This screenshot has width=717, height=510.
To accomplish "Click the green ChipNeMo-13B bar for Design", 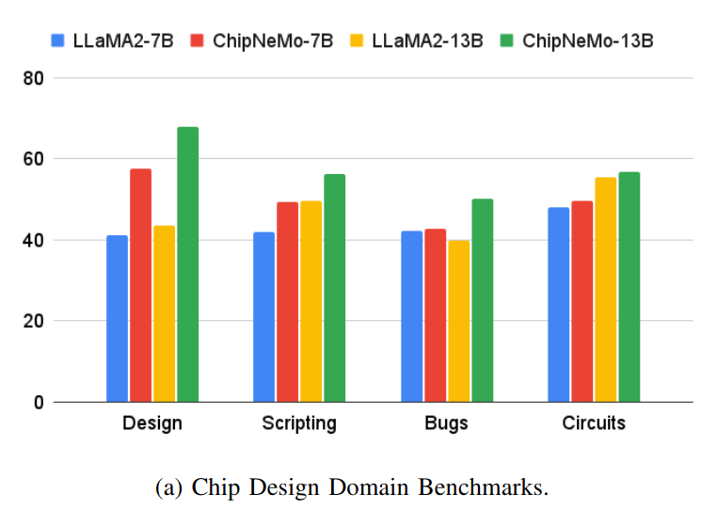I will [x=187, y=264].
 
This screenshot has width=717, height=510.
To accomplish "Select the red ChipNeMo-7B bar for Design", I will [x=140, y=285].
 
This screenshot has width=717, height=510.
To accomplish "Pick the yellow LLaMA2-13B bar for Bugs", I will [x=458, y=321].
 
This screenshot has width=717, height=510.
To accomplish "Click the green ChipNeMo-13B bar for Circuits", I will [x=629, y=287].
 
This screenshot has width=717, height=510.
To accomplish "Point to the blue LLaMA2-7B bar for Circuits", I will [x=559, y=305].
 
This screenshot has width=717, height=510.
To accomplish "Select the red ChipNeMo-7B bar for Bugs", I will [x=435, y=315].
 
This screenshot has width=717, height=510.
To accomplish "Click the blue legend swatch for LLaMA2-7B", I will [x=57, y=40].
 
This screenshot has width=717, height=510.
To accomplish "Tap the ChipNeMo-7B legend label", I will [x=273, y=40].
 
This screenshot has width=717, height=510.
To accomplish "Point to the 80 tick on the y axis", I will [x=35, y=78].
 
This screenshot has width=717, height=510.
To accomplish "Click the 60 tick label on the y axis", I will [x=35, y=159].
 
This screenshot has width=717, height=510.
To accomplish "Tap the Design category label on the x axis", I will [x=151, y=423].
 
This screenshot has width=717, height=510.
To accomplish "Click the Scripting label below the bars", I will [x=298, y=423].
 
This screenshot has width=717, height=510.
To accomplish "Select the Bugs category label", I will [x=446, y=423].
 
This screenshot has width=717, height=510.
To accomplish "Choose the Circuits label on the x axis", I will [x=593, y=423].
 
